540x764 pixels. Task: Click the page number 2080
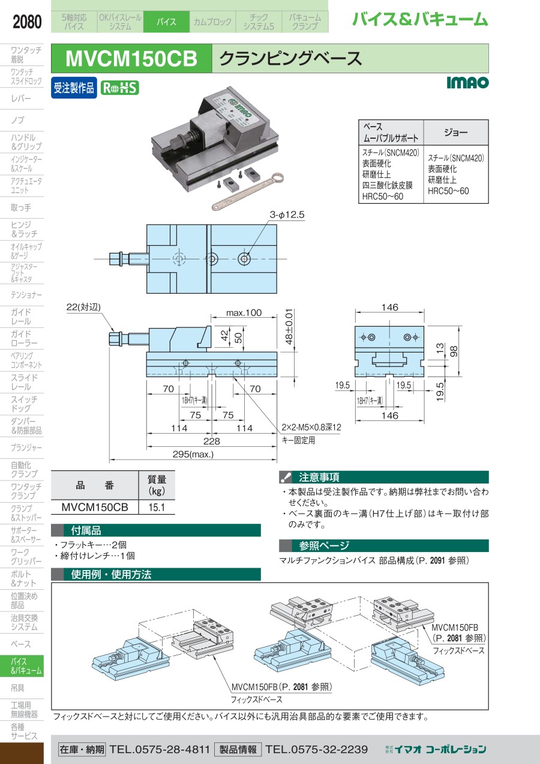27,22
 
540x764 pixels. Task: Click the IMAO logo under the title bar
467,82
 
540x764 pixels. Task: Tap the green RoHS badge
119,88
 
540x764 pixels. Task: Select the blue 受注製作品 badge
74,88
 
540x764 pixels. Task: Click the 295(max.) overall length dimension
193,455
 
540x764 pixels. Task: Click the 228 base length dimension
212,441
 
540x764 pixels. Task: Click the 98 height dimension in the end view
454,350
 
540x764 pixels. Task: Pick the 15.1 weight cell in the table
156,508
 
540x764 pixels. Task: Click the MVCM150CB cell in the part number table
95,508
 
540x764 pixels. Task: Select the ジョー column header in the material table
455,132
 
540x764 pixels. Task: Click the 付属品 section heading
86,530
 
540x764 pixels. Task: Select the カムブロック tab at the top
212,22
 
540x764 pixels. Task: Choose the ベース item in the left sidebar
22,644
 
